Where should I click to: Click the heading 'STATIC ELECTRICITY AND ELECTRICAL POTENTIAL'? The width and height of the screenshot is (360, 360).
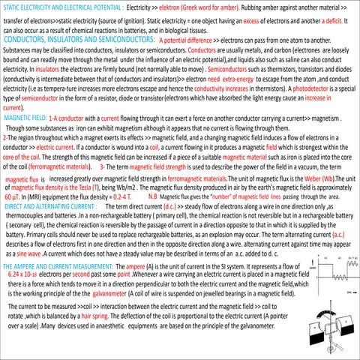point(61,6)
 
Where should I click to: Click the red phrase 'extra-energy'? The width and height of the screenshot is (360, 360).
point(241,99)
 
